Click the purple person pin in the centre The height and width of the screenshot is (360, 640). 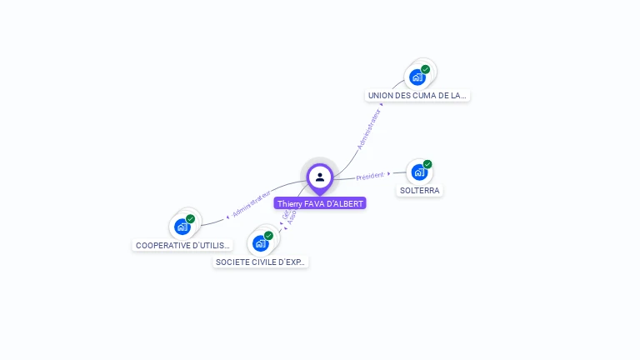pyautogui.click(x=320, y=177)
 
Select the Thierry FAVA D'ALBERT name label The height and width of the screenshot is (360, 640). pyautogui.click(x=320, y=203)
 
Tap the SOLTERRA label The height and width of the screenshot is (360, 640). pyautogui.click(x=419, y=190)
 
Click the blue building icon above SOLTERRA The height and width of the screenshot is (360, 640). pyautogui.click(x=419, y=172)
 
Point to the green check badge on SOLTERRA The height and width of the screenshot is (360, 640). pyautogui.click(x=427, y=164)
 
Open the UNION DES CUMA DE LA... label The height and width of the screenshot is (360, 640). pyautogui.click(x=418, y=96)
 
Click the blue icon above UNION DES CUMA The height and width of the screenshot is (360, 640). pyautogui.click(x=417, y=77)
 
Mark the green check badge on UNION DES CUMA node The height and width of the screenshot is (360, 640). pyautogui.click(x=426, y=69)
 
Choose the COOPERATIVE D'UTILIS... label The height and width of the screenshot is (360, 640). pyautogui.click(x=182, y=246)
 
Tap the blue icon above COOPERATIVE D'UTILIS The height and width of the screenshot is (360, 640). pyautogui.click(x=182, y=227)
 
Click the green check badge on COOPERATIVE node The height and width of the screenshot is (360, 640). pyautogui.click(x=191, y=218)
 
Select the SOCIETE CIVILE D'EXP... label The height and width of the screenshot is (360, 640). pyautogui.click(x=261, y=262)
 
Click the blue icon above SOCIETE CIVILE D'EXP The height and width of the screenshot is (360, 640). pyautogui.click(x=261, y=243)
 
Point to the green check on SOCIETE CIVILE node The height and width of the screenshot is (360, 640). pyautogui.click(x=269, y=235)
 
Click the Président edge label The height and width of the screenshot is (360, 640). pyautogui.click(x=370, y=176)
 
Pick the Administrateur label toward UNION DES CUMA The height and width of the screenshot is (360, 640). pyautogui.click(x=368, y=129)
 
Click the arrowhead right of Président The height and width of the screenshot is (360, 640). pyautogui.click(x=389, y=173)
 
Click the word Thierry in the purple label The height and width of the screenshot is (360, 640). pyautogui.click(x=290, y=203)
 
